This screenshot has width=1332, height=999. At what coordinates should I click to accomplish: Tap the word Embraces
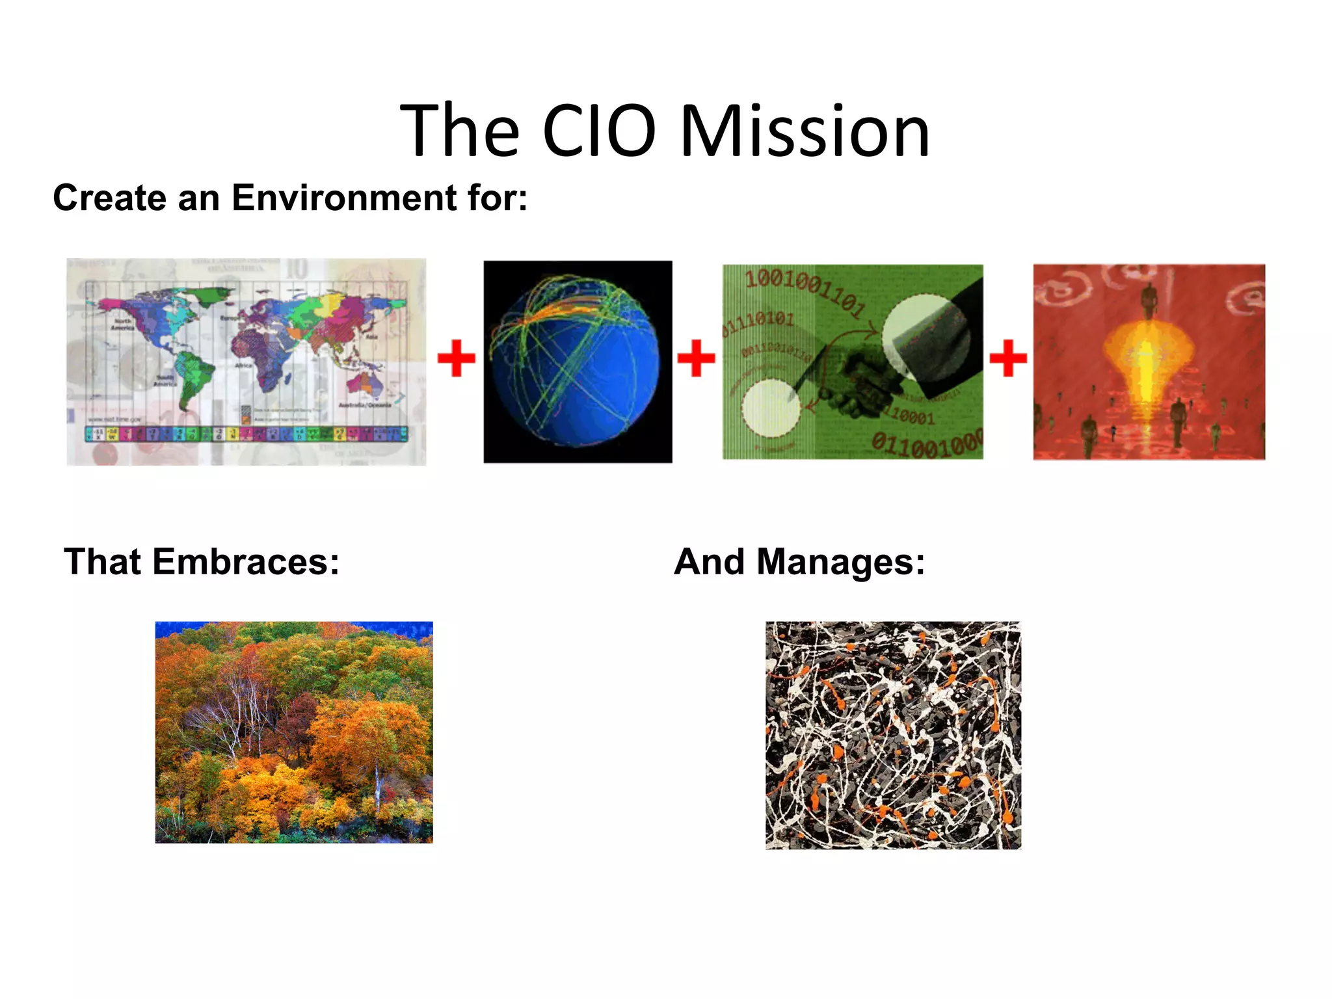pos(245,562)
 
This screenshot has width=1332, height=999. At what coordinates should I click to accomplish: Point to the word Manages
pos(840,562)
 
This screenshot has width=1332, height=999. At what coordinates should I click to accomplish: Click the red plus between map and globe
pos(457,358)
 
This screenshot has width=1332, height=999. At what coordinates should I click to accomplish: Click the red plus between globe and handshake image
pos(696,358)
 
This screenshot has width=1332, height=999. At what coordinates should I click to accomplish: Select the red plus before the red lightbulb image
pos(1007,358)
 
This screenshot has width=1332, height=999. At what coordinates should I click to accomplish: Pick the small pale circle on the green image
pos(771,408)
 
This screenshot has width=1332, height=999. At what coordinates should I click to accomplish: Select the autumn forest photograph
pos(294,732)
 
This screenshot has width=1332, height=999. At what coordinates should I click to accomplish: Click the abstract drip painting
pos(893,735)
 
